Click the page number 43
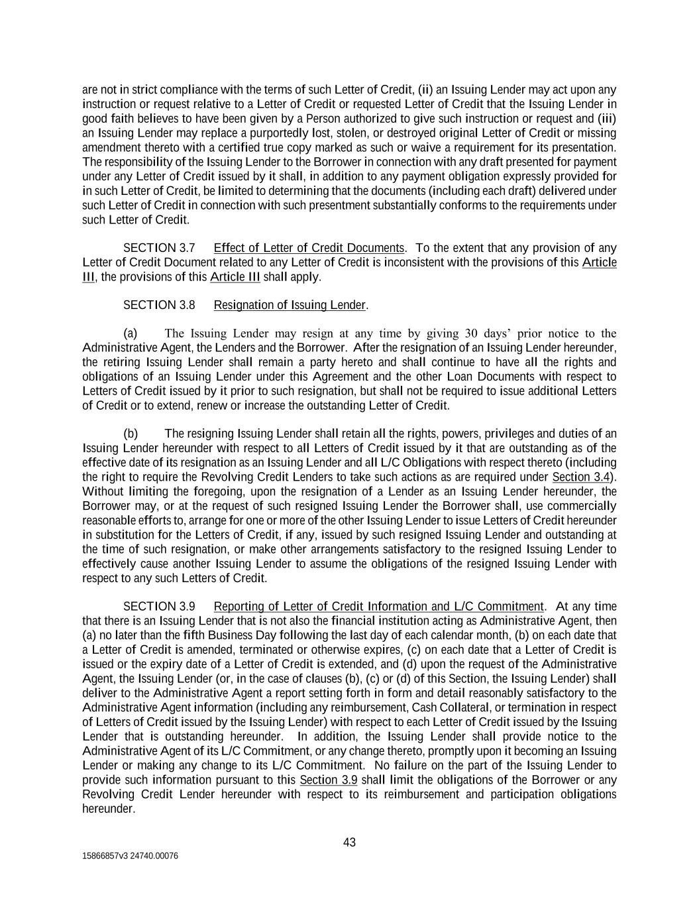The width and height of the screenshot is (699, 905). (x=349, y=842)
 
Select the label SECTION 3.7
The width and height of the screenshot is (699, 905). (x=159, y=248)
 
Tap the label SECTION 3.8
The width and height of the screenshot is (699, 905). (x=159, y=305)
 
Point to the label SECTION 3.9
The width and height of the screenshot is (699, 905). (x=159, y=607)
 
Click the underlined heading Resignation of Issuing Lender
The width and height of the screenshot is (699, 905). (x=290, y=305)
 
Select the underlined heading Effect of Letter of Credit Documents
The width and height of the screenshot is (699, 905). (x=309, y=248)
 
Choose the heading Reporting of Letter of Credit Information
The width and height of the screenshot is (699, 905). (x=378, y=607)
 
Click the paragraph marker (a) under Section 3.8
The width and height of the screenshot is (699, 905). (x=130, y=333)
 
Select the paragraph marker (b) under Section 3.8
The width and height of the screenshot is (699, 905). (x=131, y=434)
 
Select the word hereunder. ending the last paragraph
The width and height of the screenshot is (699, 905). (x=109, y=809)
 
